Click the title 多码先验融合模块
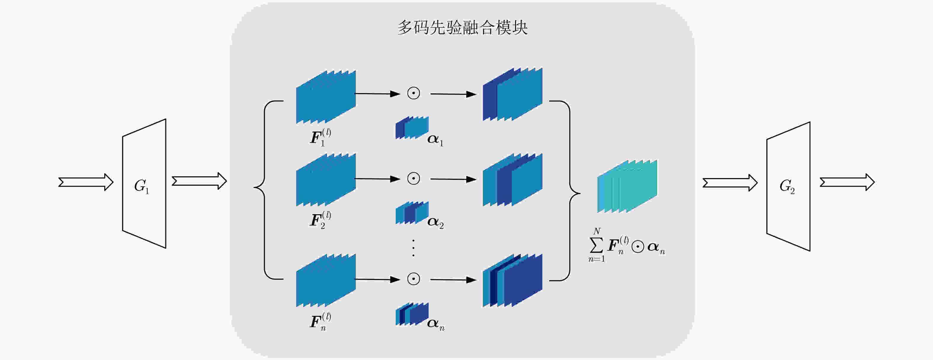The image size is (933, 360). (463, 28)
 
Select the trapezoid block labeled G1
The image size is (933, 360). (144, 184)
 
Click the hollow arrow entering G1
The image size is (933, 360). (86, 182)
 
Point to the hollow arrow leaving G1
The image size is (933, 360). (199, 181)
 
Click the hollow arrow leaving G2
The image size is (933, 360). (847, 182)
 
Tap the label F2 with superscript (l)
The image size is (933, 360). (320, 220)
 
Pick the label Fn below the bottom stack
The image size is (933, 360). (320, 321)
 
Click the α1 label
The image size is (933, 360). (435, 140)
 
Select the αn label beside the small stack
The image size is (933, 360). (436, 324)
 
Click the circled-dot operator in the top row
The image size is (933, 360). (413, 93)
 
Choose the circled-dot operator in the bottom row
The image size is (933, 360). (413, 279)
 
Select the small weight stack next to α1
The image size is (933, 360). (412, 127)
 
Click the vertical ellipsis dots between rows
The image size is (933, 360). (413, 248)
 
